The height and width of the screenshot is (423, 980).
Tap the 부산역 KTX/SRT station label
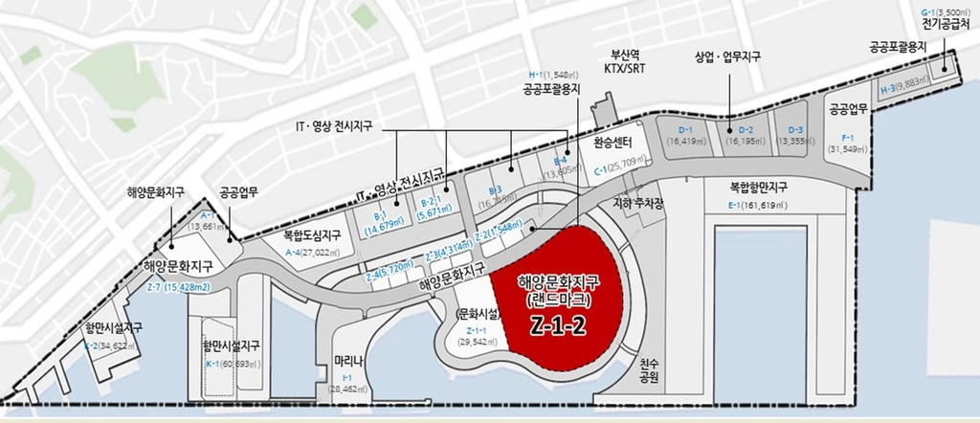point(623,61)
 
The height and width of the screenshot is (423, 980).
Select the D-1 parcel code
point(685,129)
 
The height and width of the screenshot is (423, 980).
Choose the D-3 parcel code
point(796,129)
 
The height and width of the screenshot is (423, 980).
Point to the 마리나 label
point(348,361)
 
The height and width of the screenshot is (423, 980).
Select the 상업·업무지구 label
point(727,56)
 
